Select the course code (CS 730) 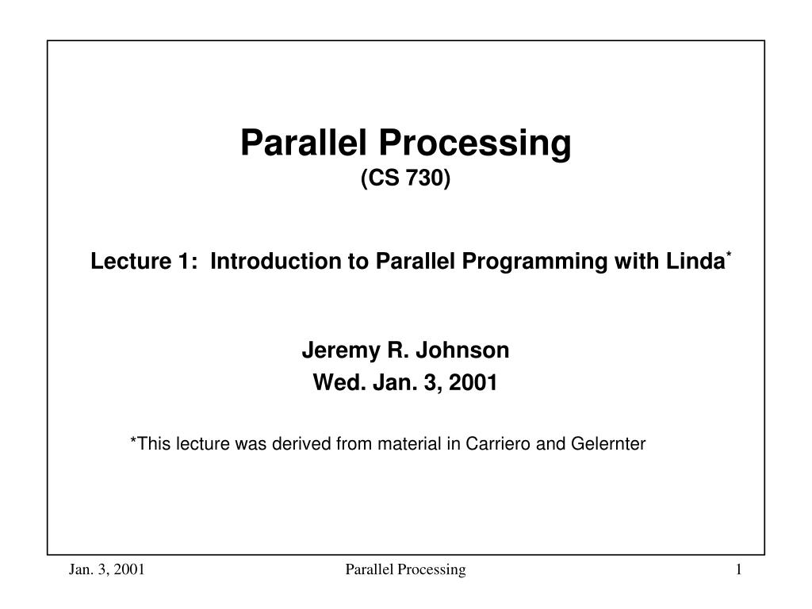(405, 180)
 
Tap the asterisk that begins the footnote (132, 442)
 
